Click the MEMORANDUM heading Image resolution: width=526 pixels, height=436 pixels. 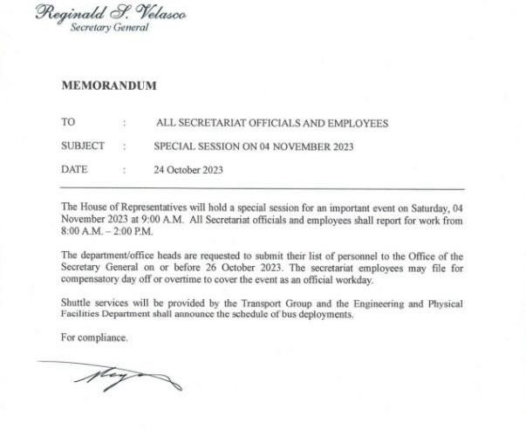click(x=109, y=85)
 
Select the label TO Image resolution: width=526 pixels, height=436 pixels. click(x=68, y=123)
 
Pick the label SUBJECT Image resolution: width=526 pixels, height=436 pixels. click(x=83, y=146)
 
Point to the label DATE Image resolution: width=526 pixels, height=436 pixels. click(x=74, y=169)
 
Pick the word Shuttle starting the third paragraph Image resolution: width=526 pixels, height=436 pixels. click(x=78, y=303)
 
